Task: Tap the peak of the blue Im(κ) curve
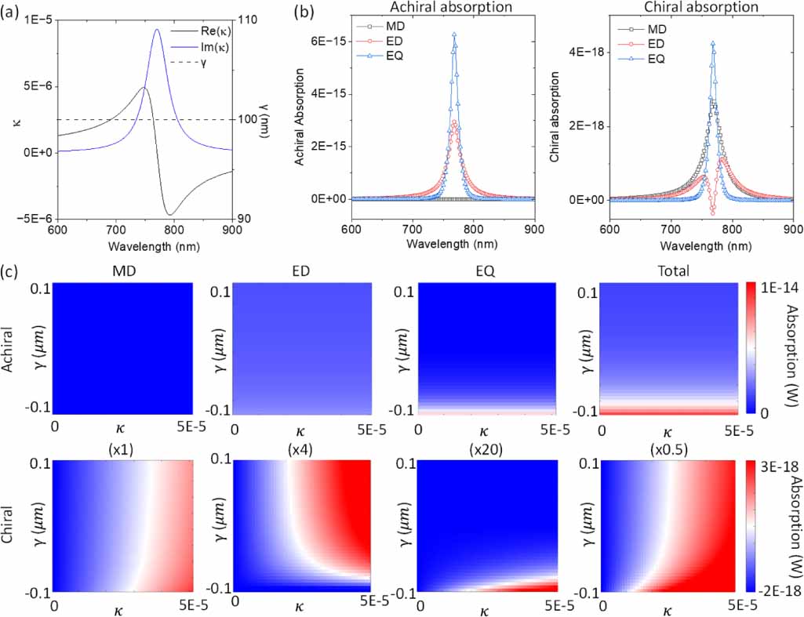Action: [157, 30]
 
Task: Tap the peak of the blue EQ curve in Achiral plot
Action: [453, 34]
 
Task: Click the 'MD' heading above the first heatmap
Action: [122, 271]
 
